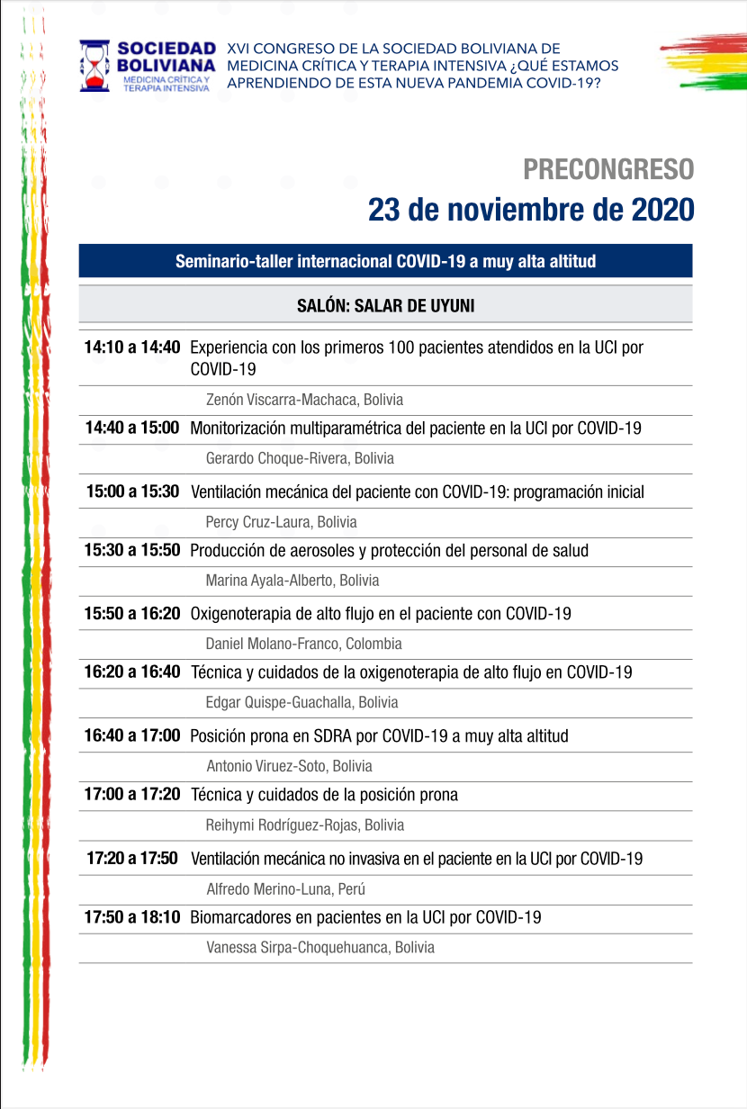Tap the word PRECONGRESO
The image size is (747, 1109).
(608, 169)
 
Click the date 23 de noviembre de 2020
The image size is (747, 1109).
(530, 209)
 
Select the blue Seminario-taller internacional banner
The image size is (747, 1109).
(385, 262)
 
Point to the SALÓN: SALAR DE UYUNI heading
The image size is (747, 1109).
(385, 305)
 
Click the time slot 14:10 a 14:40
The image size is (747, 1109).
(132, 347)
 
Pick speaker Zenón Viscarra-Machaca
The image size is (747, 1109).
(304, 400)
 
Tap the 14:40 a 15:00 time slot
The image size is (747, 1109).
(132, 428)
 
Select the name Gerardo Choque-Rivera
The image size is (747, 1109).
(300, 458)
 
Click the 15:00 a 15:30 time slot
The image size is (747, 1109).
(132, 491)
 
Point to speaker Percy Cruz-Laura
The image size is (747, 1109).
(281, 522)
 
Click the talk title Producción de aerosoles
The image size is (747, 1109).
(389, 550)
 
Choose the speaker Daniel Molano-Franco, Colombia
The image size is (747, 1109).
(303, 644)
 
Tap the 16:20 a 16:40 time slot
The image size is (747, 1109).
(132, 672)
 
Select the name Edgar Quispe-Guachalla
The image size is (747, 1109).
(301, 702)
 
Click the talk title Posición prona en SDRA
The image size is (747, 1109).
(379, 735)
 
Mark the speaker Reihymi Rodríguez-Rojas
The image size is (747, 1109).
(305, 825)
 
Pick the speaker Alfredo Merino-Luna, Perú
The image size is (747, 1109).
(285, 889)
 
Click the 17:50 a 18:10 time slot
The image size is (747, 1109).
(132, 917)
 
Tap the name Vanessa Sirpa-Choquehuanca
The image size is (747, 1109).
(319, 947)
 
